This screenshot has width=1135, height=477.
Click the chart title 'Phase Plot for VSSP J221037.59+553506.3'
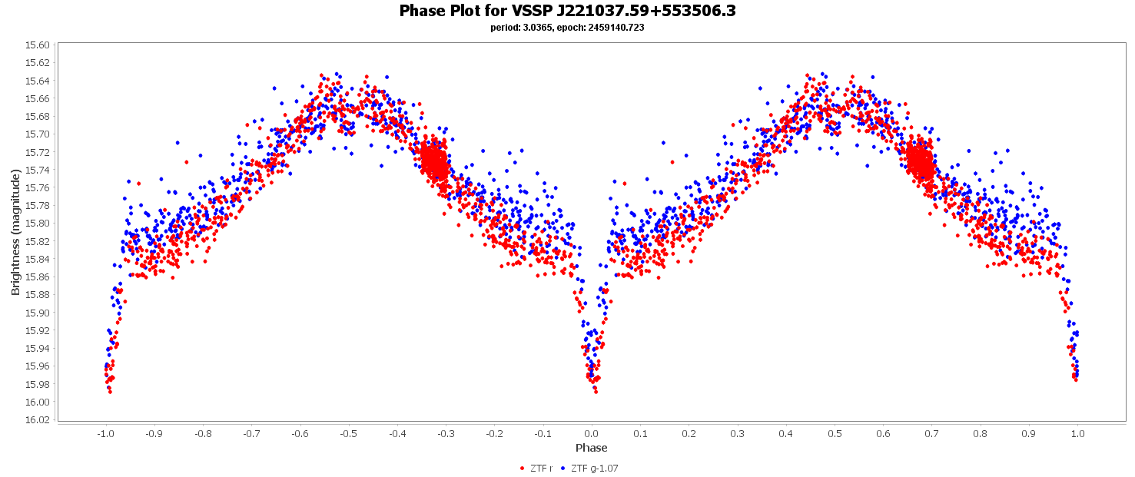pos(567,11)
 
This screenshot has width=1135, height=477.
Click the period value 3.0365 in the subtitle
pos(538,28)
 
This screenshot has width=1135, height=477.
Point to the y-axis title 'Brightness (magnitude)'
pos(15,233)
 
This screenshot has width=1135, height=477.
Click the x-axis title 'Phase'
pos(591,448)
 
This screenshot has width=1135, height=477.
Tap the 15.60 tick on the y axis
pos(38,45)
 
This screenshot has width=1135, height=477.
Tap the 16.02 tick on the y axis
pos(38,420)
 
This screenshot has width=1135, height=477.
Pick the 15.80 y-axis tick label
pos(38,224)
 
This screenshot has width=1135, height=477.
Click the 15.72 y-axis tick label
pos(38,152)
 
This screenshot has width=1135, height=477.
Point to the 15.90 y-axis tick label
pos(38,313)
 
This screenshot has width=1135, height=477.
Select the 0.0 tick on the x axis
pos(591,433)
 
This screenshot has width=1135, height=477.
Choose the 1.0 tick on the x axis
pos(1077,433)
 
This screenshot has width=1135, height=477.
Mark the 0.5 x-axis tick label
pos(835,433)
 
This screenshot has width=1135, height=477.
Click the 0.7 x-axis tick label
pos(931,433)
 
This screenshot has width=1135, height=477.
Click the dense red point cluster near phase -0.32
pos(435,162)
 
